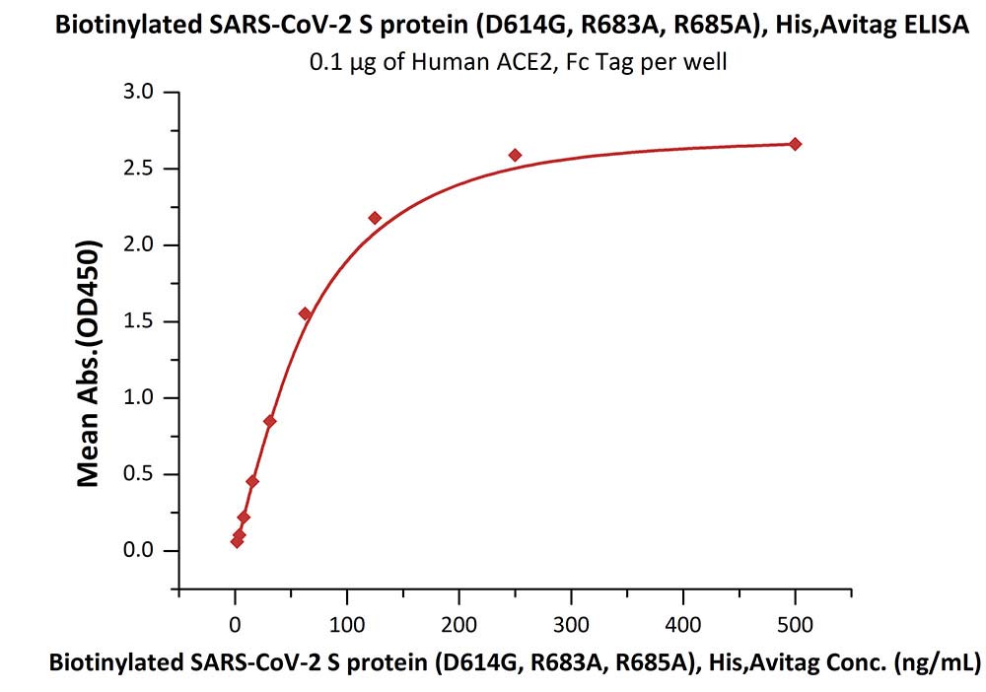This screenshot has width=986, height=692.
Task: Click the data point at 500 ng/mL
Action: [796, 144]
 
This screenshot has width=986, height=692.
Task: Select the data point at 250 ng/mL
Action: [515, 155]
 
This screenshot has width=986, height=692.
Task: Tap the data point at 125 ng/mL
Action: [375, 218]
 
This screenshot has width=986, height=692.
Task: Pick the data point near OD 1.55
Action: [305, 313]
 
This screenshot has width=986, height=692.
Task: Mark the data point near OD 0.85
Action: [270, 421]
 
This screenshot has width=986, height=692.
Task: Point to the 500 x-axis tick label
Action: [796, 625]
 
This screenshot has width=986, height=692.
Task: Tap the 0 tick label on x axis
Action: [235, 625]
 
